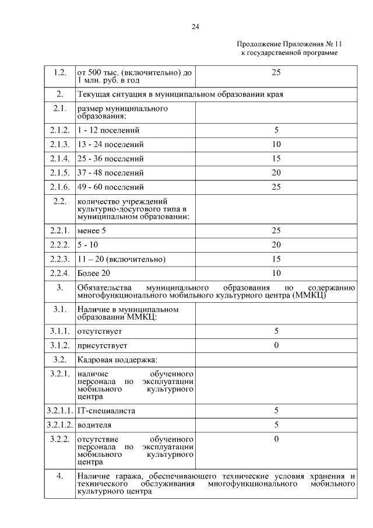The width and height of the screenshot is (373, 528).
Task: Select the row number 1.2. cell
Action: (x=59, y=73)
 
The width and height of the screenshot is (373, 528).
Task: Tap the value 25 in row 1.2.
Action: (x=276, y=72)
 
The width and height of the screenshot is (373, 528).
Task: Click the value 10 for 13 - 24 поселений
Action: (x=276, y=144)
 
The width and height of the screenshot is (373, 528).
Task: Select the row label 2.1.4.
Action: (x=59, y=159)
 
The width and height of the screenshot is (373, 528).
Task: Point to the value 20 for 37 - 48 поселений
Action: (x=276, y=173)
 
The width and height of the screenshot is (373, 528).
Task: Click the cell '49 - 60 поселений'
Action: (x=110, y=187)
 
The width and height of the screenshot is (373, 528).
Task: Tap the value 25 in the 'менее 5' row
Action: (x=276, y=230)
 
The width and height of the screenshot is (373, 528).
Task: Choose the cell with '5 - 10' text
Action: (x=87, y=245)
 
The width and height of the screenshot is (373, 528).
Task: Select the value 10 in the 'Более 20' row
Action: (x=276, y=273)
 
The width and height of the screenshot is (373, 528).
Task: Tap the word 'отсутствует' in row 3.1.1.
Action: (x=99, y=331)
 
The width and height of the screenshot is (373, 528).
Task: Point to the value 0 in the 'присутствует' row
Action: (x=276, y=345)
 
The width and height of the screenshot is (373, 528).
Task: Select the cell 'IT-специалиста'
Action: (x=106, y=410)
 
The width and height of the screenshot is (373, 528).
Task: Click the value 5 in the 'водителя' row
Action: (x=276, y=425)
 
